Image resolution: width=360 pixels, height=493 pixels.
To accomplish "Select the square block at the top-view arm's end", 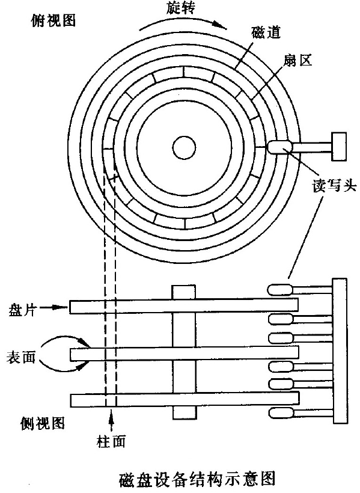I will [340, 144].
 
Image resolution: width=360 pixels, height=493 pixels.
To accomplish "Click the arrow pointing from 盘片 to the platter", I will [56, 307].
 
